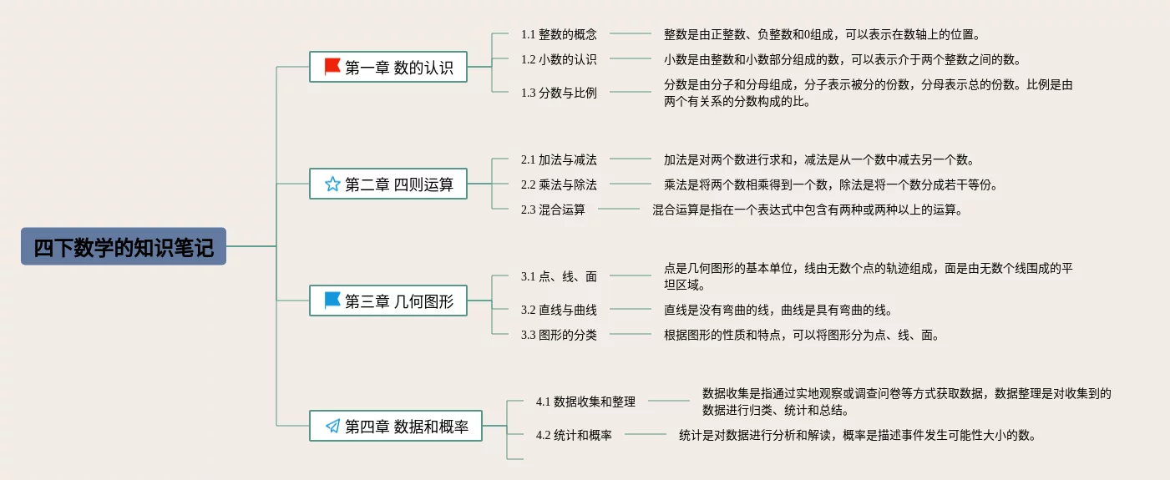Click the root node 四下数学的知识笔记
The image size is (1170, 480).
(x=124, y=247)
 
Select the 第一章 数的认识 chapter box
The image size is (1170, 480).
(x=387, y=68)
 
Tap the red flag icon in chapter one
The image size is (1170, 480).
(x=332, y=67)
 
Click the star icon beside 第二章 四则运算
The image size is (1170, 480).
(x=332, y=184)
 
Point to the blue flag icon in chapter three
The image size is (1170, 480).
(x=332, y=301)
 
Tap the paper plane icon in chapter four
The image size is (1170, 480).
(x=332, y=427)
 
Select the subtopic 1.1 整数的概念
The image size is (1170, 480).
(x=559, y=34)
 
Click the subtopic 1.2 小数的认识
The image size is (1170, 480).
(x=559, y=59)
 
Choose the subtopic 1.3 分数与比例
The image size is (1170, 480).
(x=559, y=93)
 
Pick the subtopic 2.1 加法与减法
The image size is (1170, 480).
(x=559, y=159)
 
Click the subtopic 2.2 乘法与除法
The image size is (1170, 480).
(x=559, y=184)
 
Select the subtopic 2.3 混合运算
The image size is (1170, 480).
(x=553, y=210)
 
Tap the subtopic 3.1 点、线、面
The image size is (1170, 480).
(x=559, y=276)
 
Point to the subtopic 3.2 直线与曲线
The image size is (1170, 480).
(x=559, y=310)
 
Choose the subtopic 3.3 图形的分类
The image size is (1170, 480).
(x=559, y=335)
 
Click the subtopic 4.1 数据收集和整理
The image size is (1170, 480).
(x=585, y=402)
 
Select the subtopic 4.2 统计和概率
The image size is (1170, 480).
(x=574, y=435)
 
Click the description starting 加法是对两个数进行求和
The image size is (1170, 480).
(x=818, y=159)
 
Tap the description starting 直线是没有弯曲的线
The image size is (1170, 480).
(x=777, y=310)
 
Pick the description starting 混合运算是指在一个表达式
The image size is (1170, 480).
(x=808, y=210)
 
